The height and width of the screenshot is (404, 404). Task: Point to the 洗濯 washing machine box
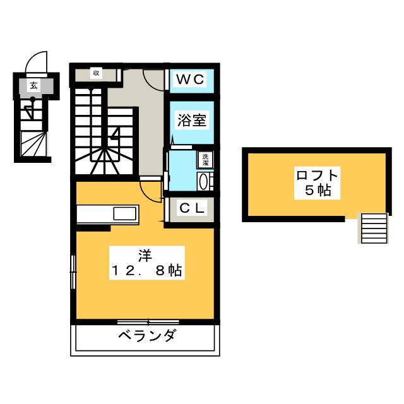click(x=206, y=160)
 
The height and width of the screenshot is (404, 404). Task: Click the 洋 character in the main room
click(x=145, y=256)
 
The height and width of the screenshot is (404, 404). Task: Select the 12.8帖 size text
click(x=147, y=271)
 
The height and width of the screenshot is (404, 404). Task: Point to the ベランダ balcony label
click(x=146, y=335)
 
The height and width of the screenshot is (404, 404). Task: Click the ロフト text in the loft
click(x=316, y=175)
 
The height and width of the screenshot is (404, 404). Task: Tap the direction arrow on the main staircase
click(x=114, y=133)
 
